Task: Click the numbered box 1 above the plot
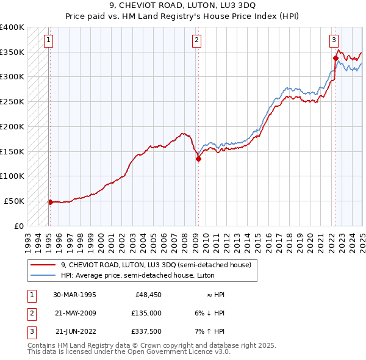click(x=48, y=41)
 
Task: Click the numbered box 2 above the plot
click(x=197, y=41)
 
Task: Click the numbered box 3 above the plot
click(x=334, y=41)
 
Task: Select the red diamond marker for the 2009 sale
click(x=198, y=159)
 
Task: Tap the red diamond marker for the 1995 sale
click(x=50, y=201)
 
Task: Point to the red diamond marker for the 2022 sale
click(x=335, y=59)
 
